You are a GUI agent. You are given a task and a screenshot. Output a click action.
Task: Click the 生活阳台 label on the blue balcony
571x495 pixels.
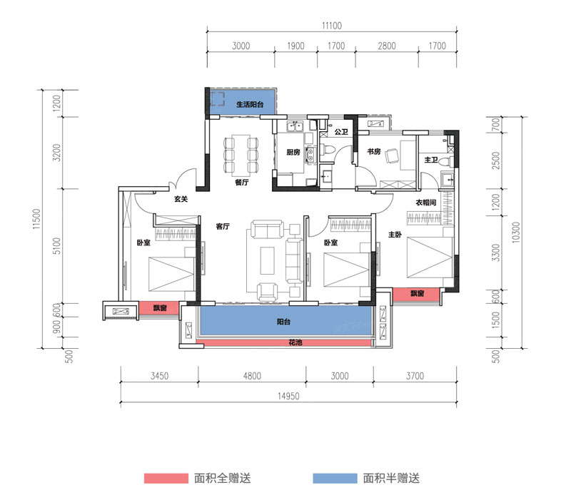(241, 104)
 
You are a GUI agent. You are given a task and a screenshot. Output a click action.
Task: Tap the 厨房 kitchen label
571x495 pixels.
(293, 152)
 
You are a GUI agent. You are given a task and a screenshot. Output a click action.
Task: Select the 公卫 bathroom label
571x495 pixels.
(340, 133)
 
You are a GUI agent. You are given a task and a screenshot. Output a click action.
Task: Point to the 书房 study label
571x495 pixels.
(373, 152)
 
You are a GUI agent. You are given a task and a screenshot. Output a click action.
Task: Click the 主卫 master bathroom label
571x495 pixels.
(430, 160)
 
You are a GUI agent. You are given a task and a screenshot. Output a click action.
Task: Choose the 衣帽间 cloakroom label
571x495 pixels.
(426, 203)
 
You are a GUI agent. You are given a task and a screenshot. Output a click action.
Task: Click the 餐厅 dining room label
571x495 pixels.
(241, 183)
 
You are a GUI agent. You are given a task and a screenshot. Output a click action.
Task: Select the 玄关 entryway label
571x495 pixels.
(181, 200)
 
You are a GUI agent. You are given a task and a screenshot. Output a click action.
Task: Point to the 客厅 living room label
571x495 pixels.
(222, 227)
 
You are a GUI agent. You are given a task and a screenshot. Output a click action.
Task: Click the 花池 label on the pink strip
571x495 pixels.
(285, 343)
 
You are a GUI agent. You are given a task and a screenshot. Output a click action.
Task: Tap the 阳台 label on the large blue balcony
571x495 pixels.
(285, 322)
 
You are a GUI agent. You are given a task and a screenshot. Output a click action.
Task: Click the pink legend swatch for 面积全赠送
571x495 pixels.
(165, 478)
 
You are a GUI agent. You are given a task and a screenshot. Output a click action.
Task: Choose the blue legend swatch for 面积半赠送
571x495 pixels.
(334, 478)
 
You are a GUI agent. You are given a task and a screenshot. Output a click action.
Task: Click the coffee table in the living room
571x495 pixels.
(268, 259)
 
